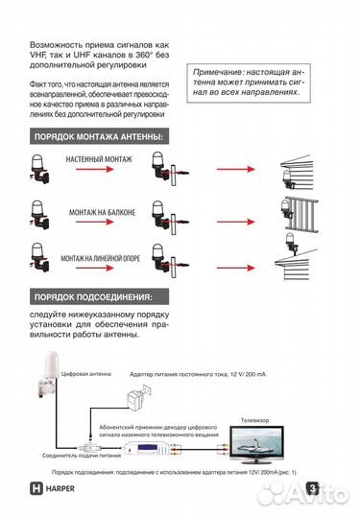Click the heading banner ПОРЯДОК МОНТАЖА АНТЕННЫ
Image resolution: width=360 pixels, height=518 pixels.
(98, 137)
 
